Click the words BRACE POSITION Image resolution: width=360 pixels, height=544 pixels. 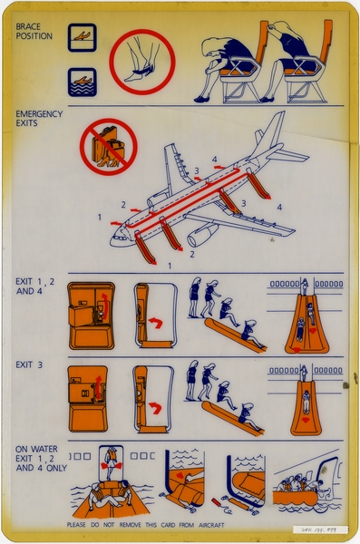[34, 31]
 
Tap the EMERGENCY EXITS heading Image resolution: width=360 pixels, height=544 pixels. [40, 119]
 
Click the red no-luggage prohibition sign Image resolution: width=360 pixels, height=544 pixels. [108, 147]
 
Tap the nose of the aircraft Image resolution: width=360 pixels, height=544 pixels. [116, 240]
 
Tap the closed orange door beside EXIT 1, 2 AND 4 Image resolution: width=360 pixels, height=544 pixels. [91, 315]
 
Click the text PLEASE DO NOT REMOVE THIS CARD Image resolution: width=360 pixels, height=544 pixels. [145, 525]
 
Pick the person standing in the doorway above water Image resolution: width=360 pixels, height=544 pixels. [112, 460]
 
